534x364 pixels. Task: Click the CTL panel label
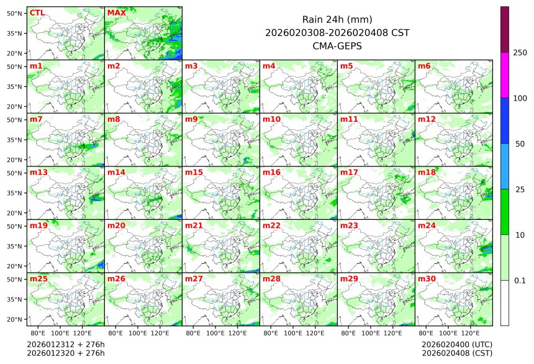[37, 12]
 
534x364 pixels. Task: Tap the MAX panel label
[117, 12]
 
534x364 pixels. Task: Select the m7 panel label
[36, 119]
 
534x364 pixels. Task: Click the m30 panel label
[427, 279]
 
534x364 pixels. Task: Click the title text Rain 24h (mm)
[337, 19]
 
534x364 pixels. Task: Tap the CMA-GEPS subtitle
[337, 45]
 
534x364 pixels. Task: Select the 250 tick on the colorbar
[520, 53]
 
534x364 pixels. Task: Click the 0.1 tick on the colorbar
[520, 281]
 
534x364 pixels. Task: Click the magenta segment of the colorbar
[505, 75]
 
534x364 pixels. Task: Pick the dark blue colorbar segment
[505, 121]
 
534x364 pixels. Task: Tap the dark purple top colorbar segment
[505, 29]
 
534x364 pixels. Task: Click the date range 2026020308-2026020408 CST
[337, 32]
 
